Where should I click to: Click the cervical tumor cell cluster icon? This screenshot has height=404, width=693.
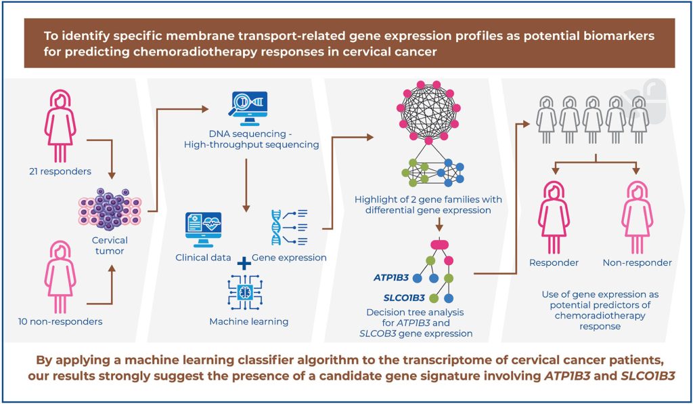[x=110, y=209]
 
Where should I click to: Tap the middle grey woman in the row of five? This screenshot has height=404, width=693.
[x=592, y=119]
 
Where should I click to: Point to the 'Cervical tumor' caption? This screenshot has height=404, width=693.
[x=111, y=246]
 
